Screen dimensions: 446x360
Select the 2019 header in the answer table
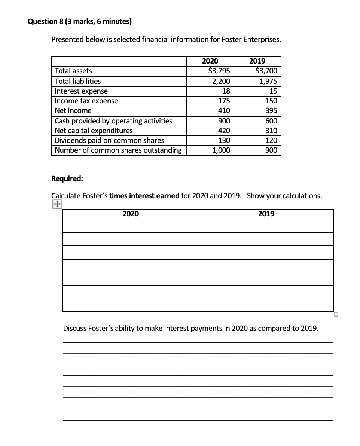pos(266,214)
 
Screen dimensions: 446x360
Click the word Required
pos(67,178)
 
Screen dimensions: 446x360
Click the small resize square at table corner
pos(336,314)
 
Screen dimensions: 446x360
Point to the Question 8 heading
pos(80,22)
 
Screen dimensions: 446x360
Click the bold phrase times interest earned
pos(144,196)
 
